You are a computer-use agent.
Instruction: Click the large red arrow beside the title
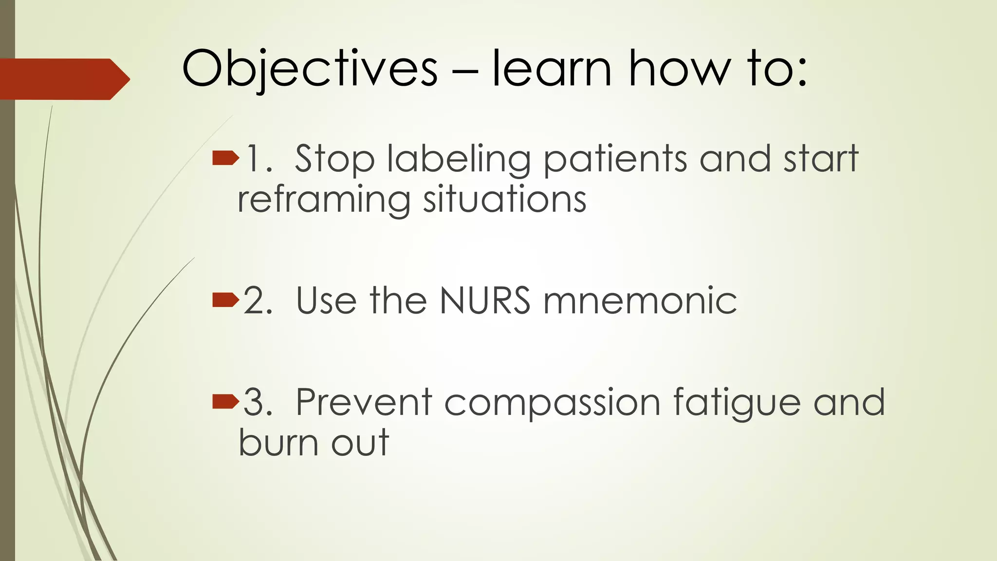tap(63, 79)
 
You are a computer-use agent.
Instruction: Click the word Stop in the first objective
tap(335, 159)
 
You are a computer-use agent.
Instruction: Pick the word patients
tap(615, 160)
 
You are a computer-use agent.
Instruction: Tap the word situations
tap(505, 200)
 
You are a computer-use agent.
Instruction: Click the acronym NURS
tap(485, 300)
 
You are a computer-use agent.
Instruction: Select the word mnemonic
tap(640, 300)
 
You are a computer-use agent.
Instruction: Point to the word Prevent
tap(364, 402)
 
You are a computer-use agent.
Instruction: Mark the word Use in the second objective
tap(326, 300)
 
